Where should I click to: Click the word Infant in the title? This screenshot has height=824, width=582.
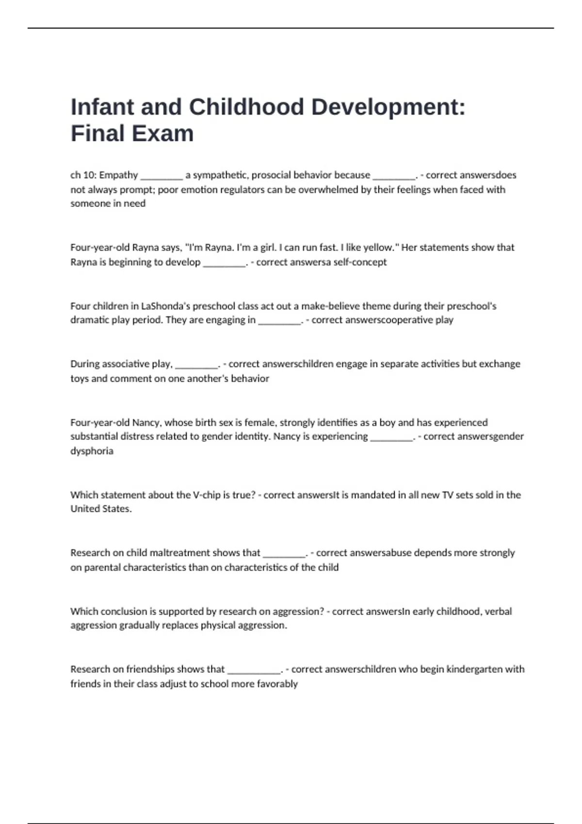[x=102, y=107]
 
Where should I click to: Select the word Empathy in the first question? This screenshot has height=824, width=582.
[x=118, y=175]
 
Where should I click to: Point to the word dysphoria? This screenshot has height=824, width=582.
[x=92, y=451]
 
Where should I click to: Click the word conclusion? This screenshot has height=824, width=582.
[x=119, y=611]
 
